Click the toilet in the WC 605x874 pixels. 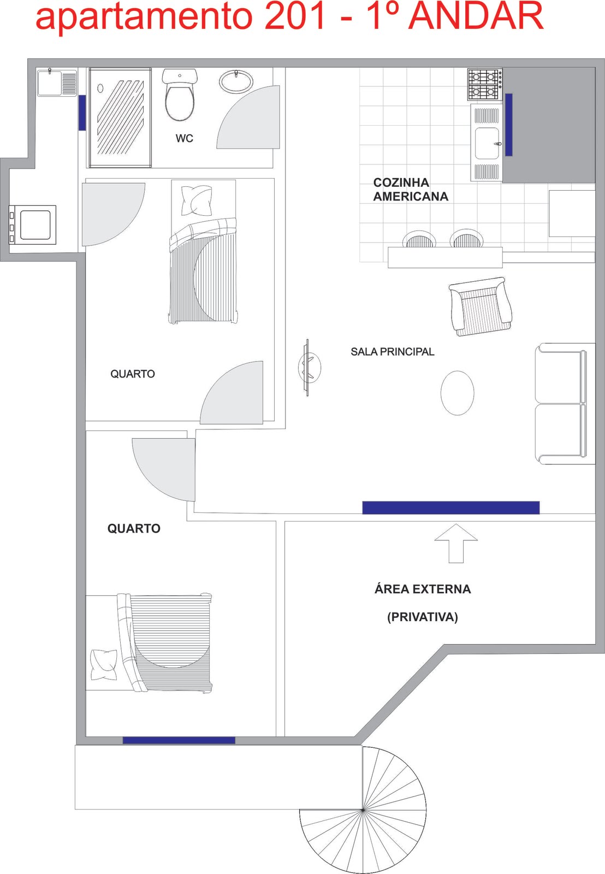click(x=180, y=95)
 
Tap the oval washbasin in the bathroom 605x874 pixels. click(x=236, y=81)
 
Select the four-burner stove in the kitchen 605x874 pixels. click(x=485, y=84)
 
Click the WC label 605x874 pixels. click(x=184, y=138)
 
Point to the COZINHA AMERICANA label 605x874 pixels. click(x=411, y=189)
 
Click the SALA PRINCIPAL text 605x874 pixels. click(x=393, y=352)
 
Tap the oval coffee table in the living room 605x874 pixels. click(x=457, y=393)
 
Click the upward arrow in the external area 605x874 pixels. click(x=456, y=543)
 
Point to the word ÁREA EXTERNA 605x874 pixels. click(x=423, y=588)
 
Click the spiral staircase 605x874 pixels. click(x=363, y=810)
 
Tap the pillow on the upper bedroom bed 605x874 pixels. click(x=197, y=200)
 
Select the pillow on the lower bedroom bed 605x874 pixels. click(x=103, y=665)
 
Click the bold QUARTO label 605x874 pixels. click(x=134, y=528)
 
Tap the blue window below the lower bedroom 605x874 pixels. click(x=179, y=740)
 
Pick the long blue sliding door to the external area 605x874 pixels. click(x=451, y=507)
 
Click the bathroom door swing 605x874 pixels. click(x=248, y=117)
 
